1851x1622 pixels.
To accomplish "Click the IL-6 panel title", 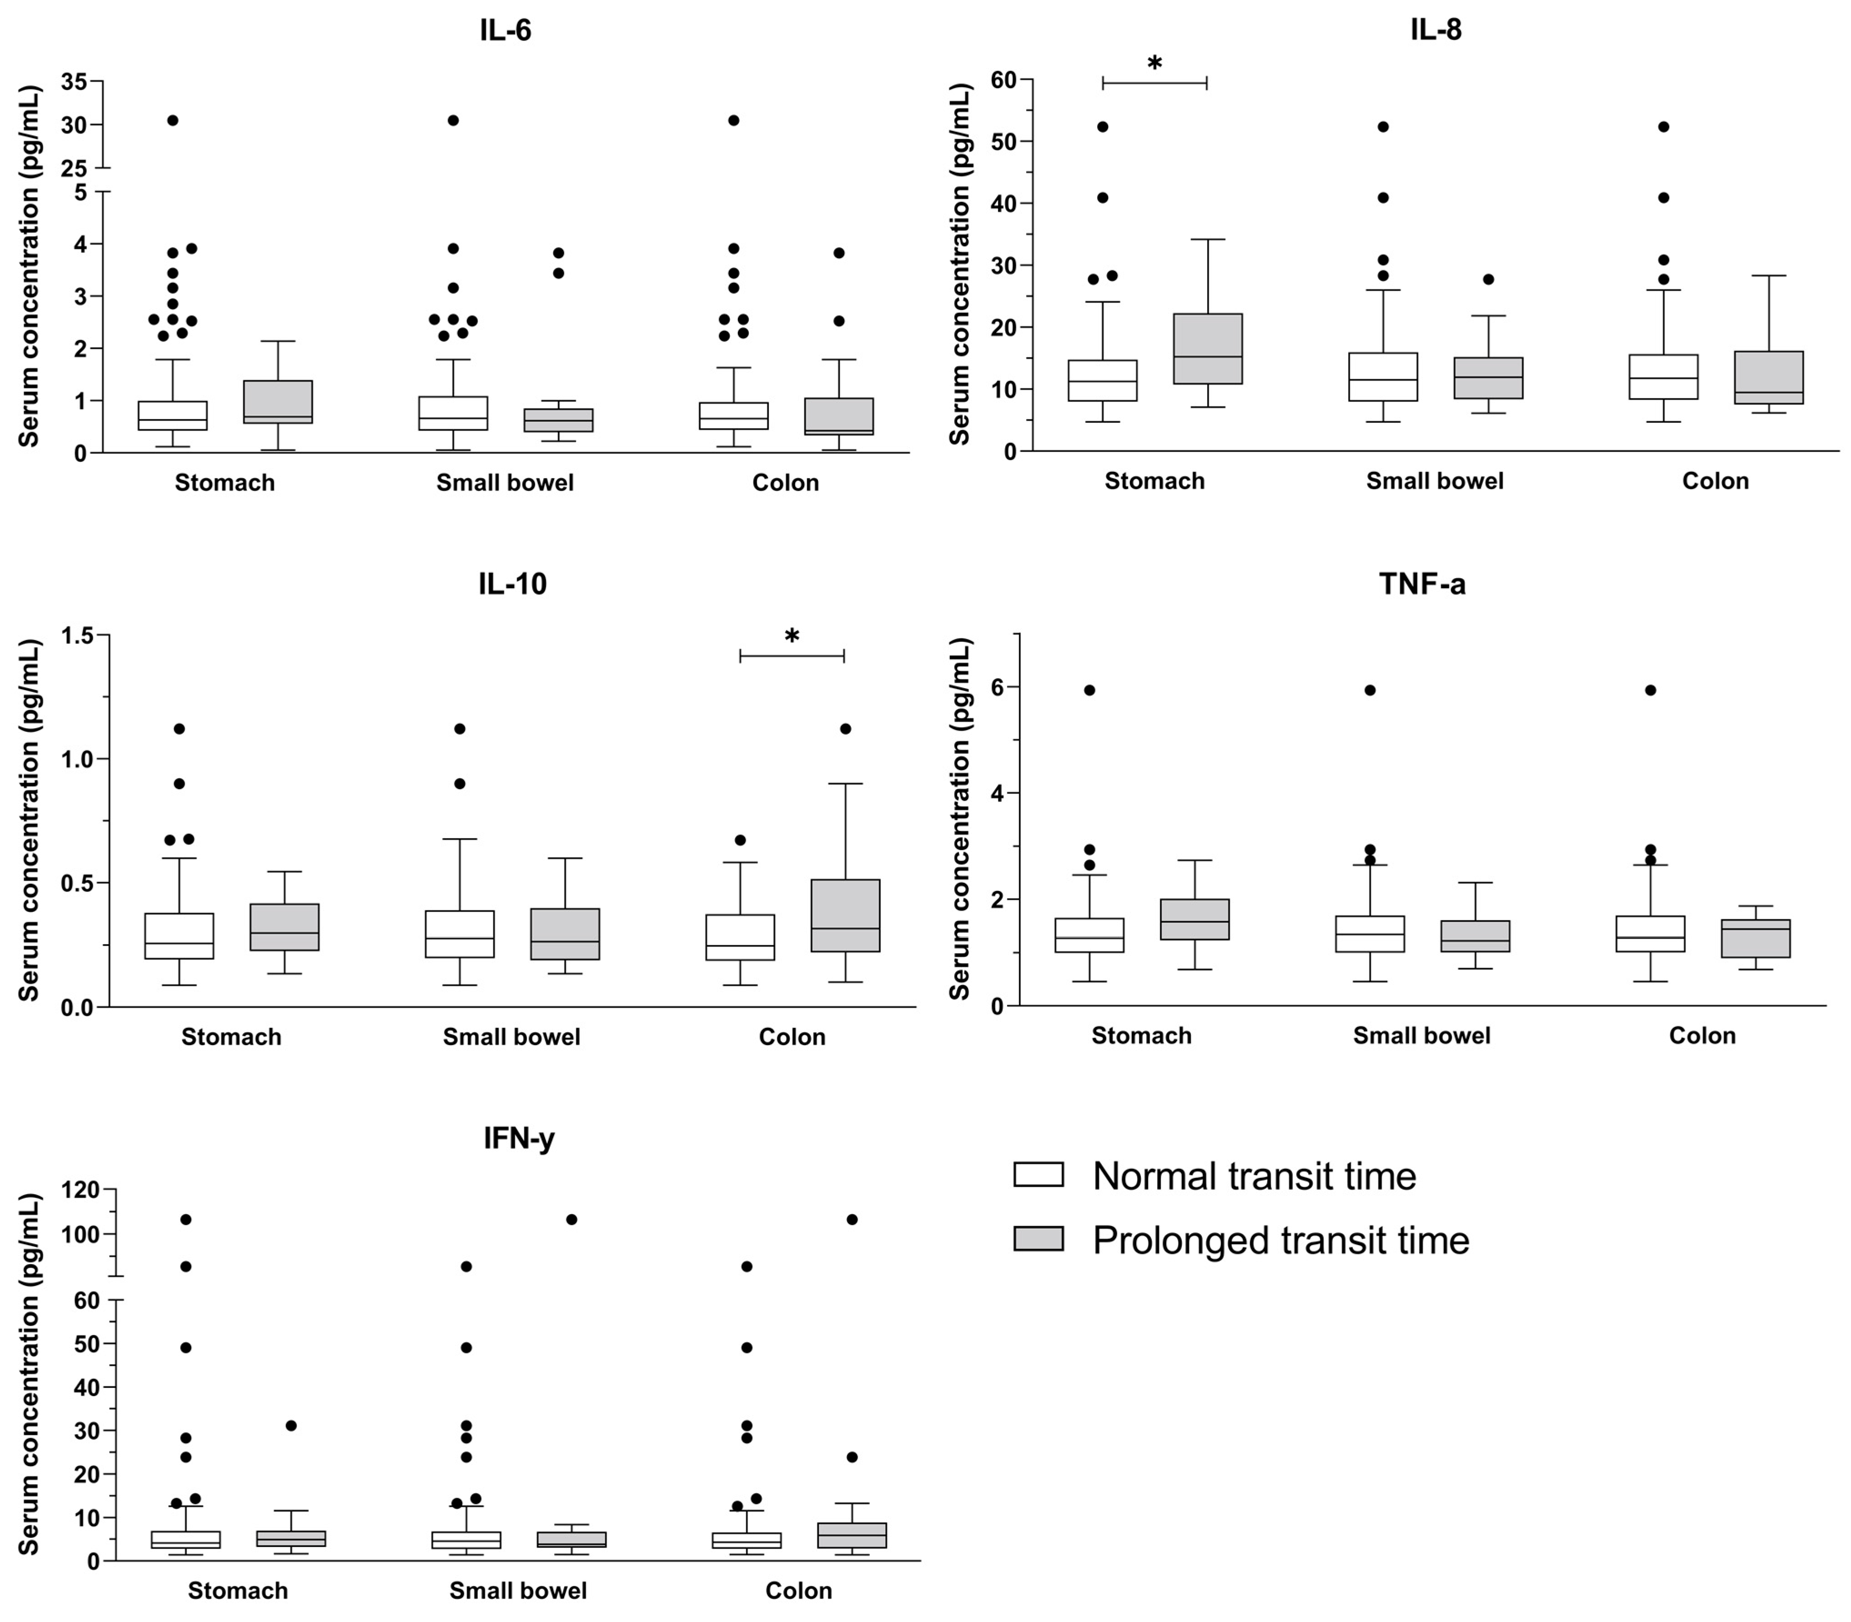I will (x=505, y=31).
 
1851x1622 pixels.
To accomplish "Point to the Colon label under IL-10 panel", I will (x=791, y=1036).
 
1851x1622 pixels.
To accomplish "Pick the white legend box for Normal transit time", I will (x=1038, y=1175).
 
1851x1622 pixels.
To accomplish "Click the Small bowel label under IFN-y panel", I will (x=518, y=1590).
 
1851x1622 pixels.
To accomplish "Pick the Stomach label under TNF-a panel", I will (x=1140, y=1036).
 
